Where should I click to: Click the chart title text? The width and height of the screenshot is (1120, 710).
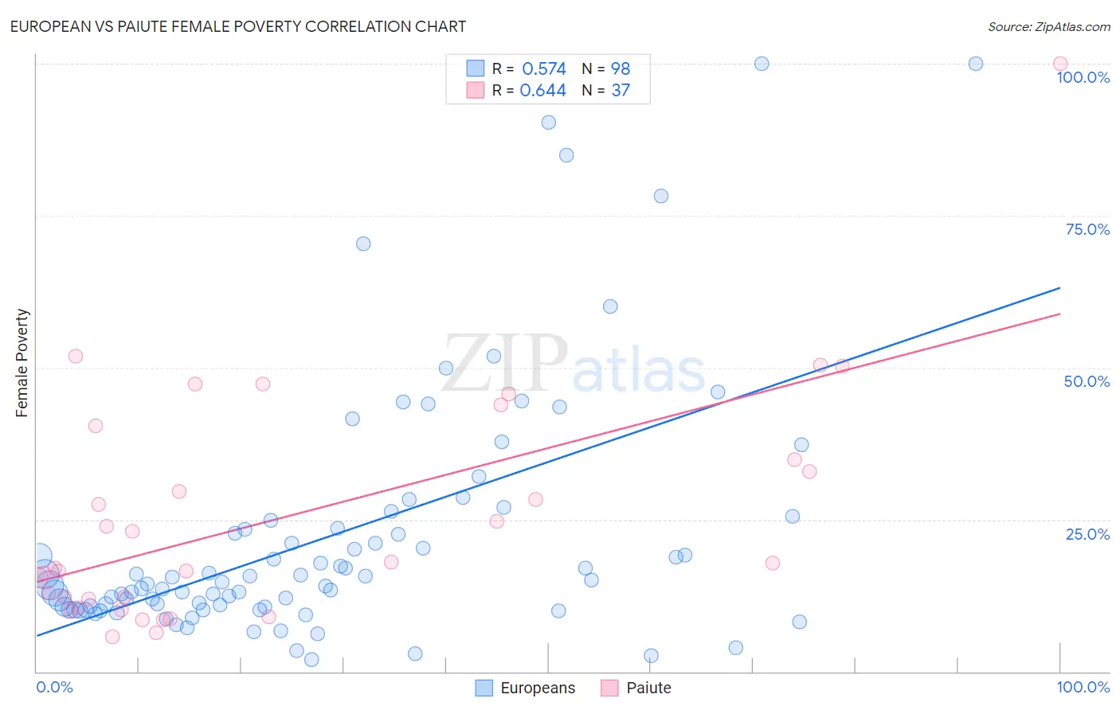click(x=237, y=26)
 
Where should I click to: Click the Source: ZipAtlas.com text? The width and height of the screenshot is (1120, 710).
click(x=1048, y=26)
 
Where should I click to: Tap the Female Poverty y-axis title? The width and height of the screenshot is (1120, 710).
click(x=22, y=363)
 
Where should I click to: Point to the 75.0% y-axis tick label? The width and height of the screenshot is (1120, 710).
click(x=1087, y=229)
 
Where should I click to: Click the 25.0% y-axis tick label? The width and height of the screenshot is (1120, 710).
click(x=1087, y=534)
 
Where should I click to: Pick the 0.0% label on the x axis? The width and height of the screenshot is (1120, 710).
click(x=54, y=687)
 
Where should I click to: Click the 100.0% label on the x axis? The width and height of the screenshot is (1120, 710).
click(x=1083, y=687)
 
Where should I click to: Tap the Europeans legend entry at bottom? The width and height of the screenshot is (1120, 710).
click(x=525, y=688)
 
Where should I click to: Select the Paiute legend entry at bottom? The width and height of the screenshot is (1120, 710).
click(x=636, y=688)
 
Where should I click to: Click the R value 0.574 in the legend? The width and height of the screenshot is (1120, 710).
click(x=543, y=68)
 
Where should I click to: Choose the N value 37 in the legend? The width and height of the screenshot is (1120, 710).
click(x=621, y=90)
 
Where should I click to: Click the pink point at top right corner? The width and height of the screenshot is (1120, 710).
click(x=1059, y=64)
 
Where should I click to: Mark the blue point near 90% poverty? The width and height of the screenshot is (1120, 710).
click(x=548, y=123)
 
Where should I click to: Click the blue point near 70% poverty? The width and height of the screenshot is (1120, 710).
click(x=363, y=244)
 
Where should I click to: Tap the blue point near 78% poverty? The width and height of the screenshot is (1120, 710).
click(x=660, y=196)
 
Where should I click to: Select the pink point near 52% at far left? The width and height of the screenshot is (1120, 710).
click(x=76, y=356)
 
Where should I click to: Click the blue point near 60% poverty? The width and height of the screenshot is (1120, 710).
click(x=610, y=306)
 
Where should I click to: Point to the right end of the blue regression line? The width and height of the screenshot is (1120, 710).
click(x=1059, y=288)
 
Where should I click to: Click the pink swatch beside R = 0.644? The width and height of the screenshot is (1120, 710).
click(x=475, y=90)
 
